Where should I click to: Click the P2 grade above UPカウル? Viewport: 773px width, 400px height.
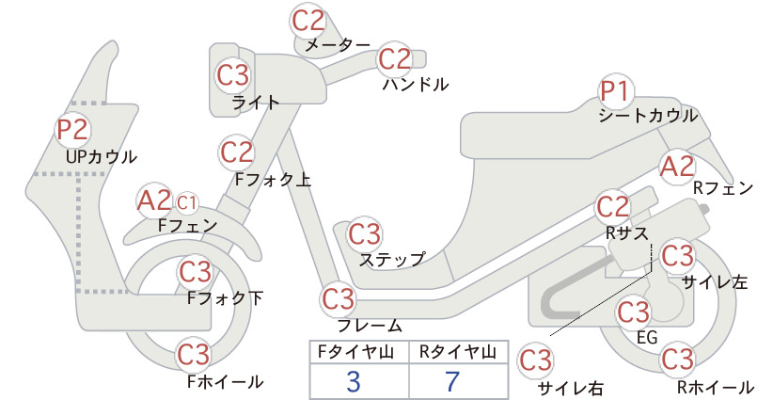point(72,129)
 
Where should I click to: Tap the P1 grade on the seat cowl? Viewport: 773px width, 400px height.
point(618,91)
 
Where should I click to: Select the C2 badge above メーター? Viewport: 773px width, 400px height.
point(308,20)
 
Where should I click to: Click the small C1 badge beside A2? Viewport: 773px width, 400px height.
point(186,201)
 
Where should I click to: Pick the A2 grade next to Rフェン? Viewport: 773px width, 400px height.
point(677,167)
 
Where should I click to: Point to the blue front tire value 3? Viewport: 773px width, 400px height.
point(354,382)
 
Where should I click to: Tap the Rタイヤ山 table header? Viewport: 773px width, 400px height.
point(458,352)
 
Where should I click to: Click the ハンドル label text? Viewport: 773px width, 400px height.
point(415,85)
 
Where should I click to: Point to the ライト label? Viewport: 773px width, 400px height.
point(255,103)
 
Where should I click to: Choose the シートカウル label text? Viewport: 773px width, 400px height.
point(648,116)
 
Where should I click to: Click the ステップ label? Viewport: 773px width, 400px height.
point(392,259)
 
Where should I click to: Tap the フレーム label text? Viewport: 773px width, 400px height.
point(370,326)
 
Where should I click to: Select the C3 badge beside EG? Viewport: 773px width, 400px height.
point(633,312)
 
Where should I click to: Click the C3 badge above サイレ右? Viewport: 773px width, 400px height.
point(536,360)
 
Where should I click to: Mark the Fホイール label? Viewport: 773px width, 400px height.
point(225,382)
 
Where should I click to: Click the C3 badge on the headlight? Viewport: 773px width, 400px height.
point(232,74)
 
